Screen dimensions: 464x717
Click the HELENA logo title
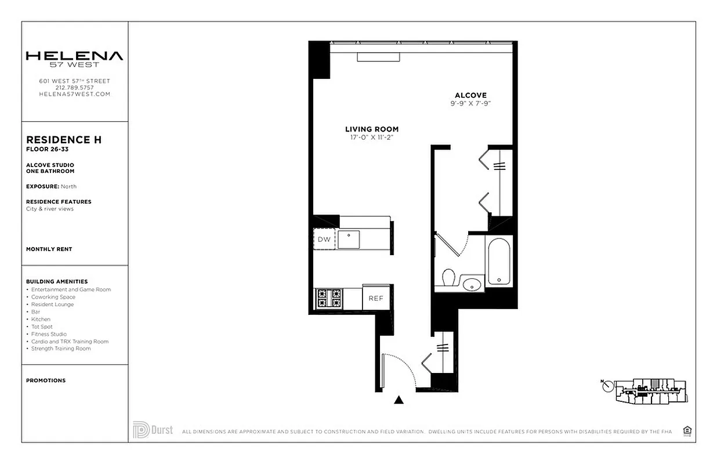[x=74, y=56]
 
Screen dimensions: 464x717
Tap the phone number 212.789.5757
[x=74, y=88]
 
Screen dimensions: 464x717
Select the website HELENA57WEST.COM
[x=74, y=94]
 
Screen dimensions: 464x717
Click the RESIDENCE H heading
[x=64, y=140]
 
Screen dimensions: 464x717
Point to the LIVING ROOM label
[x=372, y=129]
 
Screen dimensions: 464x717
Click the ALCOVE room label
[x=470, y=95]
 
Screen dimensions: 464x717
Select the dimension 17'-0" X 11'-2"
[x=372, y=137]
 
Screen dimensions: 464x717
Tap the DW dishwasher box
[x=324, y=239]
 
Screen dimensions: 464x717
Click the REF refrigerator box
[x=376, y=298]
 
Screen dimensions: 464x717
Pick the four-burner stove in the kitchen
[x=329, y=298]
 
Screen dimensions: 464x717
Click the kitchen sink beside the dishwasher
[x=349, y=239]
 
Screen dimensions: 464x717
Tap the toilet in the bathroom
[x=448, y=278]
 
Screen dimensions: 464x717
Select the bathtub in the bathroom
[x=499, y=263]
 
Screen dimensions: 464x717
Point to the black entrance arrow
[x=399, y=400]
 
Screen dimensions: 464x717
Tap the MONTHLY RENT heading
[x=49, y=249]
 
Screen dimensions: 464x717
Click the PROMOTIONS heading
[x=46, y=380]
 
